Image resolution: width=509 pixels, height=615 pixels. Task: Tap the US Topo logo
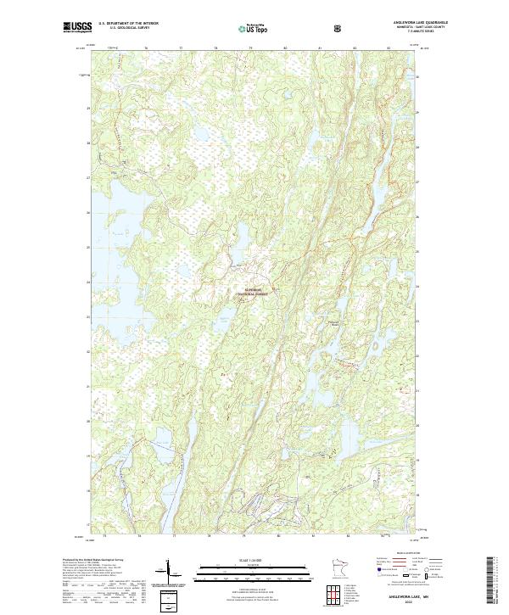[255, 28]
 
